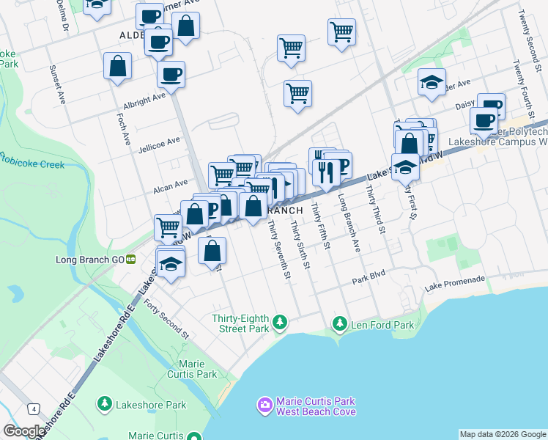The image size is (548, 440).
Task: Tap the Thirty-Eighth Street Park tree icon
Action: (x=278, y=322)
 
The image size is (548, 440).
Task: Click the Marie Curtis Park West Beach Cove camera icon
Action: (x=264, y=405)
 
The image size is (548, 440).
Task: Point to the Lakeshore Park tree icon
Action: (x=105, y=404)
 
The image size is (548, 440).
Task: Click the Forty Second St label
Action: (x=166, y=318)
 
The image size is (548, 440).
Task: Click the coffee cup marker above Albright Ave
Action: (x=171, y=73)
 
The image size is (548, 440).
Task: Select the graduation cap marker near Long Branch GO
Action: (x=170, y=262)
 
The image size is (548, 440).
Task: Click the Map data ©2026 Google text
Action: (x=503, y=434)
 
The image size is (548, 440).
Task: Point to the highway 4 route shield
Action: (x=34, y=408)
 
